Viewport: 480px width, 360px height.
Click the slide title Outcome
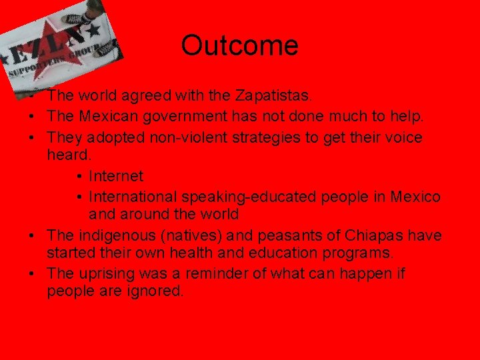click(239, 46)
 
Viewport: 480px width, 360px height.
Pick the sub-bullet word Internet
click(116, 177)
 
